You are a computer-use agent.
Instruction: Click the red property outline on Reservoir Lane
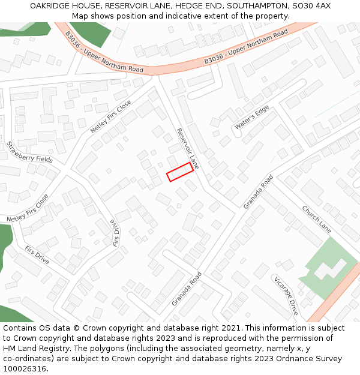pyautogui.click(x=180, y=172)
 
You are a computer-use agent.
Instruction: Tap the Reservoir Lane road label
pyautogui.click(x=188, y=148)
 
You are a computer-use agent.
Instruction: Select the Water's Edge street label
pyautogui.click(x=252, y=118)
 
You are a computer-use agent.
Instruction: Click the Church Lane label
pyautogui.click(x=316, y=220)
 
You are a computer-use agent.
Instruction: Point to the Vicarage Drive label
pyautogui.click(x=286, y=296)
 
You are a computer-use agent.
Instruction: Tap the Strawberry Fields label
pyautogui.click(x=29, y=152)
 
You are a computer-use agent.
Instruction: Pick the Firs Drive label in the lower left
pyautogui.click(x=37, y=254)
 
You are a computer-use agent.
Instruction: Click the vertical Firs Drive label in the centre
pyautogui.click(x=116, y=232)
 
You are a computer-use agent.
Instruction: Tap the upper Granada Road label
pyautogui.click(x=258, y=192)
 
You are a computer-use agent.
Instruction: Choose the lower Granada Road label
pyautogui.click(x=187, y=289)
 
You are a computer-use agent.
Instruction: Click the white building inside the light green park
pyautogui.click(x=329, y=268)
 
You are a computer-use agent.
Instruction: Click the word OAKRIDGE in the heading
pyautogui.click(x=50, y=5)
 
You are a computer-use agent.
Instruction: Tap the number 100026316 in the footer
pyautogui.click(x=24, y=368)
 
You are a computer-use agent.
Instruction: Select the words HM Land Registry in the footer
pyautogui.click(x=31, y=348)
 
